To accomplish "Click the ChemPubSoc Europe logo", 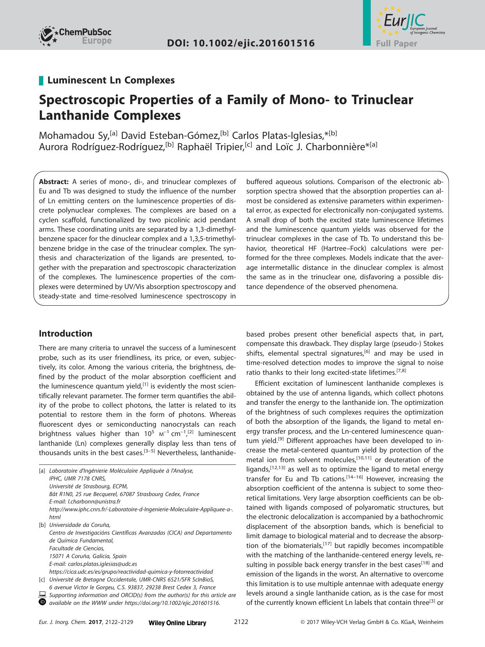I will click(75, 36).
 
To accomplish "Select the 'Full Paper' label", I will click(396, 44).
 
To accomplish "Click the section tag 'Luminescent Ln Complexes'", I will click(111, 80).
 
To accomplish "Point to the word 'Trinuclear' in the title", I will click(382, 100).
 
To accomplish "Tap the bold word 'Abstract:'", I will click(54, 182).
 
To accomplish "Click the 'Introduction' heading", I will click(65, 333).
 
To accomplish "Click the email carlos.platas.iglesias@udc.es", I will click(102, 564).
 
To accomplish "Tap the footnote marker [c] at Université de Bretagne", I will click(42, 580).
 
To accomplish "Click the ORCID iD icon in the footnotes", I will click(42, 602).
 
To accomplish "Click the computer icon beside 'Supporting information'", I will click(42, 595).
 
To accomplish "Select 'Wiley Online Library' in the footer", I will click(177, 623).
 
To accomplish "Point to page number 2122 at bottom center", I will click(241, 622).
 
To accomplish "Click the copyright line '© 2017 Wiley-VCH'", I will click(372, 622).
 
